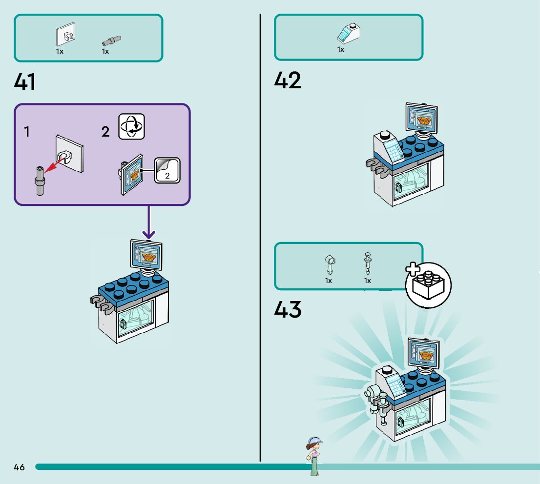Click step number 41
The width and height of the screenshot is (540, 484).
click(x=24, y=82)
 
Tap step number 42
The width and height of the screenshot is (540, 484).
click(x=288, y=80)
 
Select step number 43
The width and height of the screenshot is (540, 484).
click(x=288, y=309)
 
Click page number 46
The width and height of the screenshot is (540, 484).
click(x=20, y=467)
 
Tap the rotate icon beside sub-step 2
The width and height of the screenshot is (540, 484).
click(x=131, y=126)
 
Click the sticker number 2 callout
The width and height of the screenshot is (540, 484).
click(x=167, y=170)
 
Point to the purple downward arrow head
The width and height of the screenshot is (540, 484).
click(x=149, y=235)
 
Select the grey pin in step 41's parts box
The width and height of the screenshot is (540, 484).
click(x=111, y=41)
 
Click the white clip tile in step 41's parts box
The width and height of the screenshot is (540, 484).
click(x=65, y=34)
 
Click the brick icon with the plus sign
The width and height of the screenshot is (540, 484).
click(x=428, y=284)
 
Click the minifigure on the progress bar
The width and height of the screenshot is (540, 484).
click(x=314, y=456)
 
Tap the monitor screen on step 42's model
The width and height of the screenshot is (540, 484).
click(x=421, y=118)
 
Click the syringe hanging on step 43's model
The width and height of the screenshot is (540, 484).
click(x=383, y=410)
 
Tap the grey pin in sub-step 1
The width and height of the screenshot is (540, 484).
click(x=40, y=181)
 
